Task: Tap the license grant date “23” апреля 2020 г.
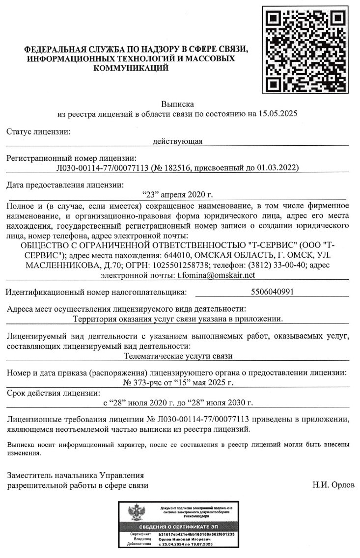177,195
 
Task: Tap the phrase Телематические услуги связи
178,356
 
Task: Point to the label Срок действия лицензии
53,393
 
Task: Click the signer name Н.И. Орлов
333,485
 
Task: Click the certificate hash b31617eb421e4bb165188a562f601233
196,534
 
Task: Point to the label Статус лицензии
38,132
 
